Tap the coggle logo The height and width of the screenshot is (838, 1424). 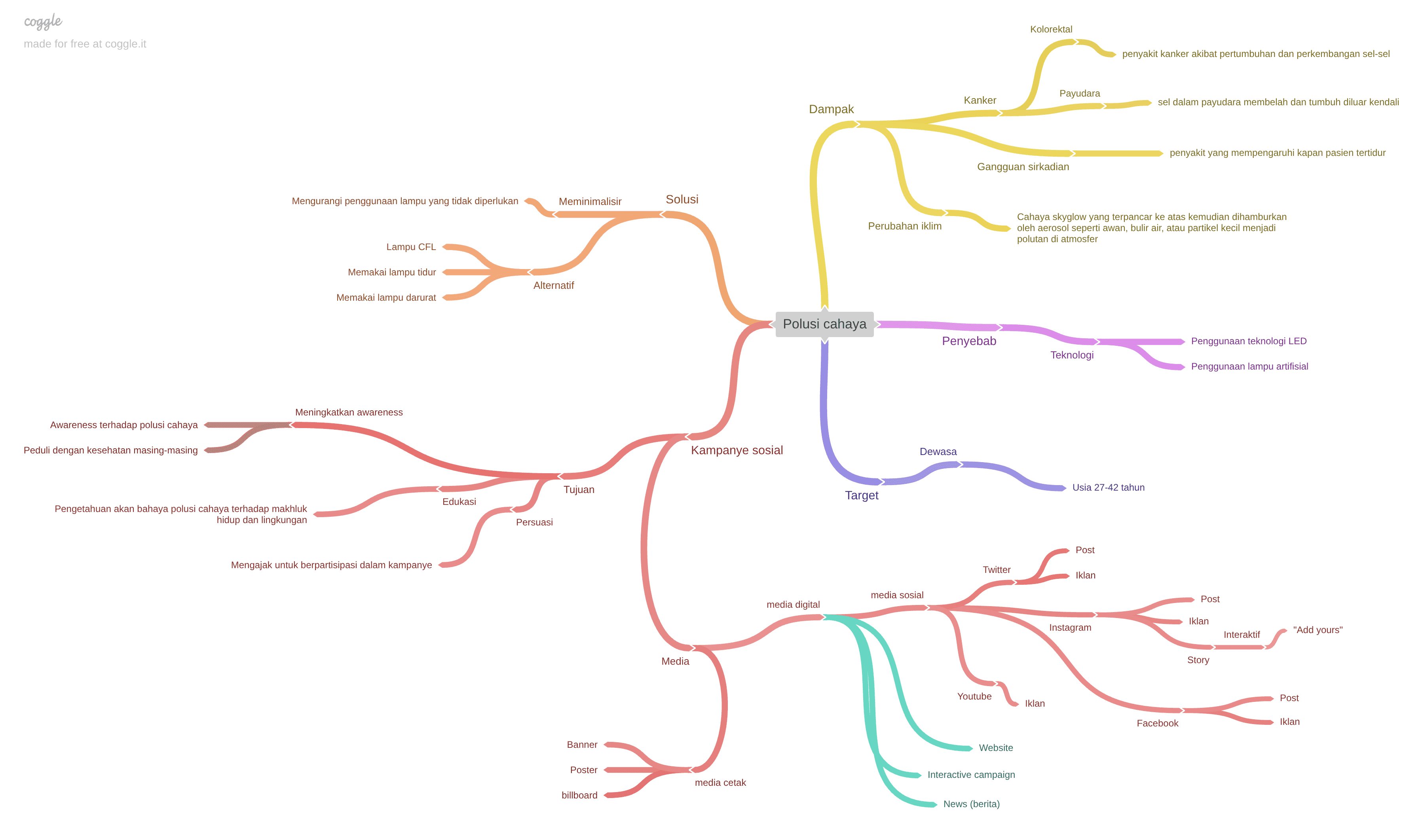tap(43, 21)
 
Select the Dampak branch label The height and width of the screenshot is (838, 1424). tap(831, 109)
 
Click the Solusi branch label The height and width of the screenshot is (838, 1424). tap(682, 199)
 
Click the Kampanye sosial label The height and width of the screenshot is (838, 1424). tap(736, 450)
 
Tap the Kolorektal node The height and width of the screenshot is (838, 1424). tap(1050, 29)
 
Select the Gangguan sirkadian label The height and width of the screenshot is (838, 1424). tap(1023, 167)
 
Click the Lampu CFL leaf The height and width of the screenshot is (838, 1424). tap(411, 247)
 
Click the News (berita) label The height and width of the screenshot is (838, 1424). tap(971, 804)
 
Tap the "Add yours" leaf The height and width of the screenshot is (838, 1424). tap(1317, 629)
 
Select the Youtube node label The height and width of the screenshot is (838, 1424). tap(974, 696)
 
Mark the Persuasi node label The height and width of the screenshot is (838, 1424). tap(534, 522)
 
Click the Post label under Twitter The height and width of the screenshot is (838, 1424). tap(1084, 550)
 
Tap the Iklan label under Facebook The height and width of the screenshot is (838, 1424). tap(1289, 722)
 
